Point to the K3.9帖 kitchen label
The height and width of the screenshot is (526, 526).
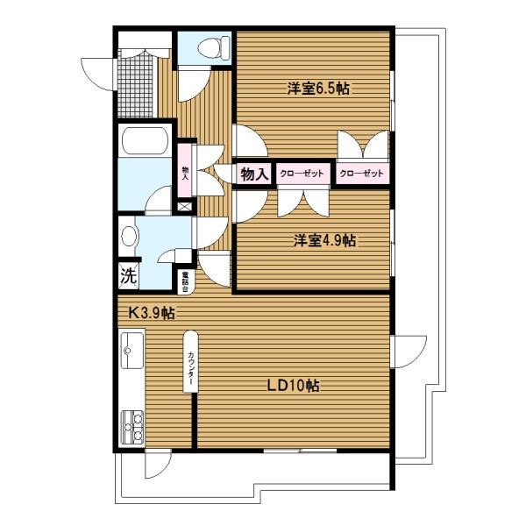[x=152, y=313]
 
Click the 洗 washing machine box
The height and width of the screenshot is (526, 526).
[x=128, y=276]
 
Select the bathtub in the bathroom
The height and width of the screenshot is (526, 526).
[x=146, y=142]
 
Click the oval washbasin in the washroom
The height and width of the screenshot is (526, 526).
[x=129, y=236]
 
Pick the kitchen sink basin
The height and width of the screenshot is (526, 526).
[x=131, y=354]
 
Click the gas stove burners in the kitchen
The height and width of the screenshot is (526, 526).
[x=131, y=428]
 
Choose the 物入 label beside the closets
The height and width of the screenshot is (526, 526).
[x=254, y=174]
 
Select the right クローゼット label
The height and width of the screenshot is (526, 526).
[x=362, y=174]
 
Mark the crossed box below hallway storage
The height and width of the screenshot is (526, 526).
[x=185, y=207]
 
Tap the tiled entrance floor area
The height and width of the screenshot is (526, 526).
[x=137, y=80]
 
